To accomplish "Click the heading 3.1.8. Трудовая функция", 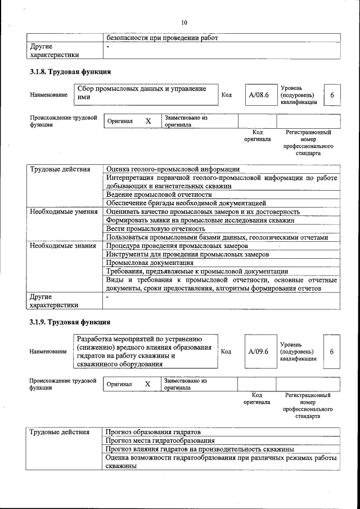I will click(70, 72).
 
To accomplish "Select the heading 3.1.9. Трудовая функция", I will click(70, 322).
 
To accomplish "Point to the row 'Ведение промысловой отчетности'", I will click(155, 195).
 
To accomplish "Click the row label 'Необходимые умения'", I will click(64, 211).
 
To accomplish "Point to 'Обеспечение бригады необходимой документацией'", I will click(186, 203).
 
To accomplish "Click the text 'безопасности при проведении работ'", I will click(162, 38).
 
